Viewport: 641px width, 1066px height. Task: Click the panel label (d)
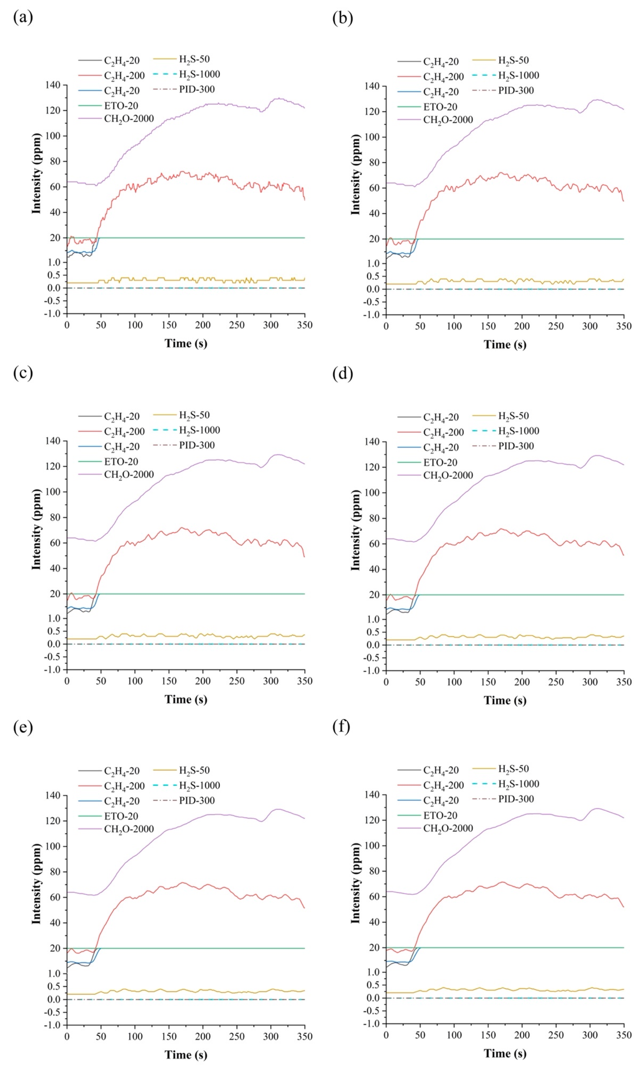click(x=343, y=373)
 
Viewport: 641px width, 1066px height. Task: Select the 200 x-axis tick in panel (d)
click(x=522, y=682)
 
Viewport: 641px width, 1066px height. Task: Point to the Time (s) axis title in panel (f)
click(x=505, y=1054)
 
